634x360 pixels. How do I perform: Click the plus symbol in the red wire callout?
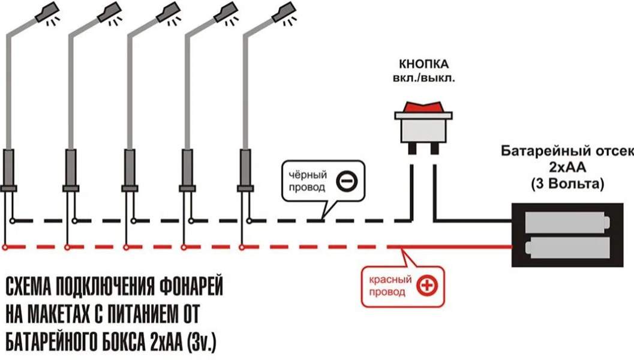coord(427,286)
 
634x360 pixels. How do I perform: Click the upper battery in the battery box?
coord(566,223)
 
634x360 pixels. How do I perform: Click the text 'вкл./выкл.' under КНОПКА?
coord(423,78)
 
